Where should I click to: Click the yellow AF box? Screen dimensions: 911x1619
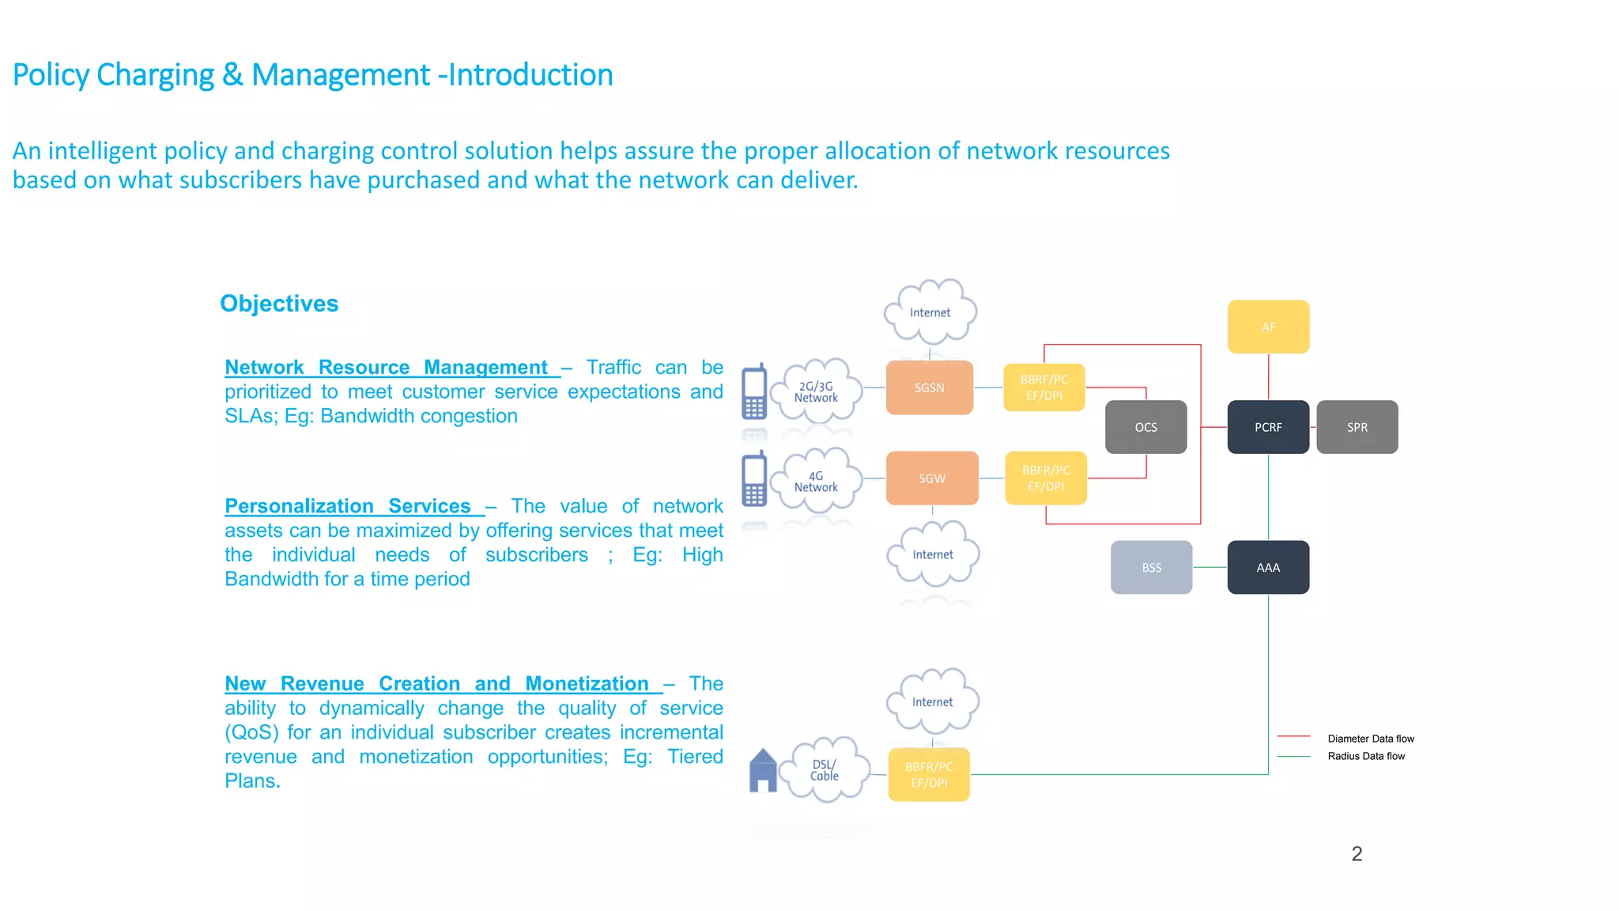[x=1268, y=327]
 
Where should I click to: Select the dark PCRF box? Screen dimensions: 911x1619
[x=1268, y=427]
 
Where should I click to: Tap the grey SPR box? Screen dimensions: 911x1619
[x=1357, y=427]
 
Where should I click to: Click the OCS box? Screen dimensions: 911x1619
[x=1145, y=427]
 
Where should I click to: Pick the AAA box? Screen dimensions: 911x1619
[x=1268, y=567]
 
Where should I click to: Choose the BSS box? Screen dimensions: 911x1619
[x=1151, y=567]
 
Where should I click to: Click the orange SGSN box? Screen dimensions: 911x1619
[x=929, y=387]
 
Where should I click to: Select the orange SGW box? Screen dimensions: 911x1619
[x=931, y=478]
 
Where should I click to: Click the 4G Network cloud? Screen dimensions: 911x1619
[x=817, y=481]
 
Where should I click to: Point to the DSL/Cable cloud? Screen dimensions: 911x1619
[x=825, y=769]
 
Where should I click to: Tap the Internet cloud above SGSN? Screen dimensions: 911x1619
[x=930, y=312]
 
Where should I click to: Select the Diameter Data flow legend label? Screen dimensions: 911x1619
[x=1370, y=739]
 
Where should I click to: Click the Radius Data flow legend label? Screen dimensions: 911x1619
[x=1366, y=756]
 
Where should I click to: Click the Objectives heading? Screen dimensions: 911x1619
[x=279, y=304]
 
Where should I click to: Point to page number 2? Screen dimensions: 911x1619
[x=1357, y=854]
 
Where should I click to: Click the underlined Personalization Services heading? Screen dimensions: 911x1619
[x=348, y=506]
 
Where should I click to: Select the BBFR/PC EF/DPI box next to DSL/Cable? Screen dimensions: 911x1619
[x=929, y=774]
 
